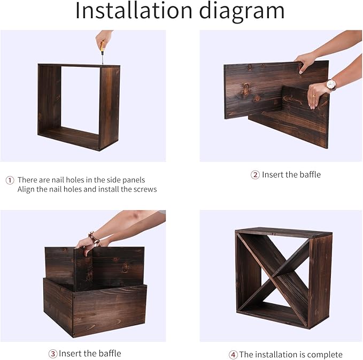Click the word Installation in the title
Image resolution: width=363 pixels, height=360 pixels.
coord(134,10)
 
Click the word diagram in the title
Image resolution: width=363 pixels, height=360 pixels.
coord(242,12)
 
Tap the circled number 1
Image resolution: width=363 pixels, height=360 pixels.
coord(10,180)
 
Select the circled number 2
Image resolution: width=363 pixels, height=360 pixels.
coord(255,175)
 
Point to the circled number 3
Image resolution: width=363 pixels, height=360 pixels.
coord(53,354)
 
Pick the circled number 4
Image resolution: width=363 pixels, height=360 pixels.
coord(233,355)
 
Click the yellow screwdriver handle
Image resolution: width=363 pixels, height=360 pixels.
coord(102,46)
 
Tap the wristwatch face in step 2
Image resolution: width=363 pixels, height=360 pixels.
coord(331,85)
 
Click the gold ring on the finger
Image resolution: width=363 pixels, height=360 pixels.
coord(314,96)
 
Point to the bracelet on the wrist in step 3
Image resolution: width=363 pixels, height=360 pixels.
coord(94,238)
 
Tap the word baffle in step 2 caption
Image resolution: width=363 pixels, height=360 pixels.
coord(310,174)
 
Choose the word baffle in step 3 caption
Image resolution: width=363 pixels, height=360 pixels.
coord(110,354)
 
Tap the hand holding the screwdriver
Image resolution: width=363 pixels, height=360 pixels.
coord(104,39)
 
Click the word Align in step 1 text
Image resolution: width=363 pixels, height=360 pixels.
coord(26,190)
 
